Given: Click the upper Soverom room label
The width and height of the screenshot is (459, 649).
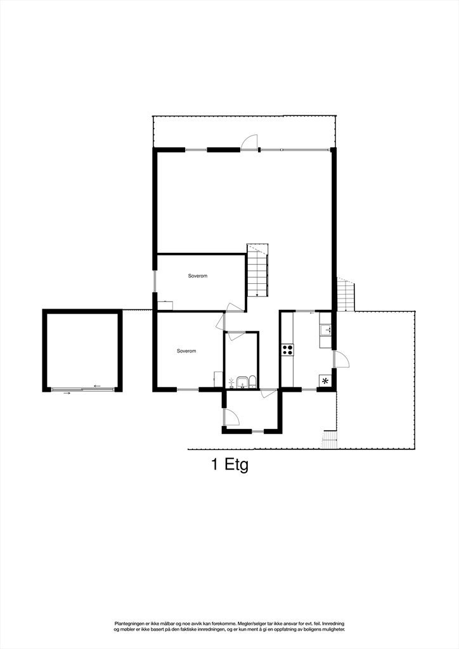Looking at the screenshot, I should click(x=198, y=276).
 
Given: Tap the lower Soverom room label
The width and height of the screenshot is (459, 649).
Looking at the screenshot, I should click(x=186, y=351).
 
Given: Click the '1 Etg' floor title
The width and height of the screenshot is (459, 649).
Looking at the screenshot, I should click(x=229, y=465).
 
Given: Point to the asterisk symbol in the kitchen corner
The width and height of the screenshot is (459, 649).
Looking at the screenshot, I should click(x=326, y=380).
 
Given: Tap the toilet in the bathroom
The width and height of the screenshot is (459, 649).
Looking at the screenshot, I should click(x=252, y=382).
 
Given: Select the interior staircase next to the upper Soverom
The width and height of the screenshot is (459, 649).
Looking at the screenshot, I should click(x=258, y=271).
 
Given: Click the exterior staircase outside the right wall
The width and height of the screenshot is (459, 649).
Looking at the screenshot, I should click(x=346, y=295).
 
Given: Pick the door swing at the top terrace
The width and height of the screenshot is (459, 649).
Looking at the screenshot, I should click(x=251, y=142).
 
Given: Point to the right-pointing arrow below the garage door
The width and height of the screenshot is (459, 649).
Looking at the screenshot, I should click(x=67, y=393).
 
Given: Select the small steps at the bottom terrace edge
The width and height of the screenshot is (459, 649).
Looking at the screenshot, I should click(x=329, y=439).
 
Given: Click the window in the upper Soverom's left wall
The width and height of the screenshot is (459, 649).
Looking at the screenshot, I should click(x=154, y=281).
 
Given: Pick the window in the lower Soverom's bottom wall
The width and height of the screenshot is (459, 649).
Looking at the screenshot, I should click(x=188, y=389).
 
